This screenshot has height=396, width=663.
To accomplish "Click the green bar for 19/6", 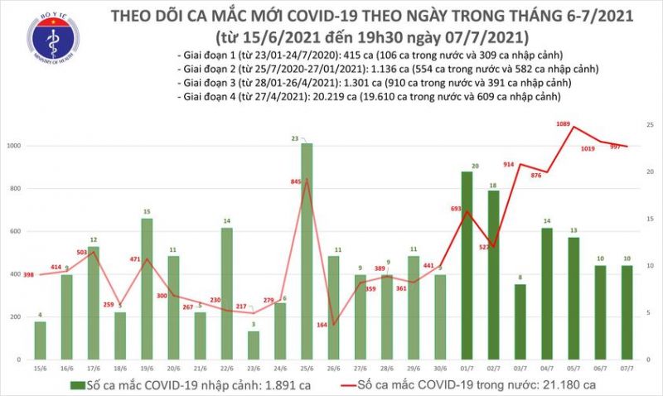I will coord(147,290).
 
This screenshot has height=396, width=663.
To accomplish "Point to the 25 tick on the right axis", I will coord(651,124).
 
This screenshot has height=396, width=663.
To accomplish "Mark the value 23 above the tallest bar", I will coord(307,138).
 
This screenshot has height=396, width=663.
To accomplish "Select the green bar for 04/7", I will coord(546,295).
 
